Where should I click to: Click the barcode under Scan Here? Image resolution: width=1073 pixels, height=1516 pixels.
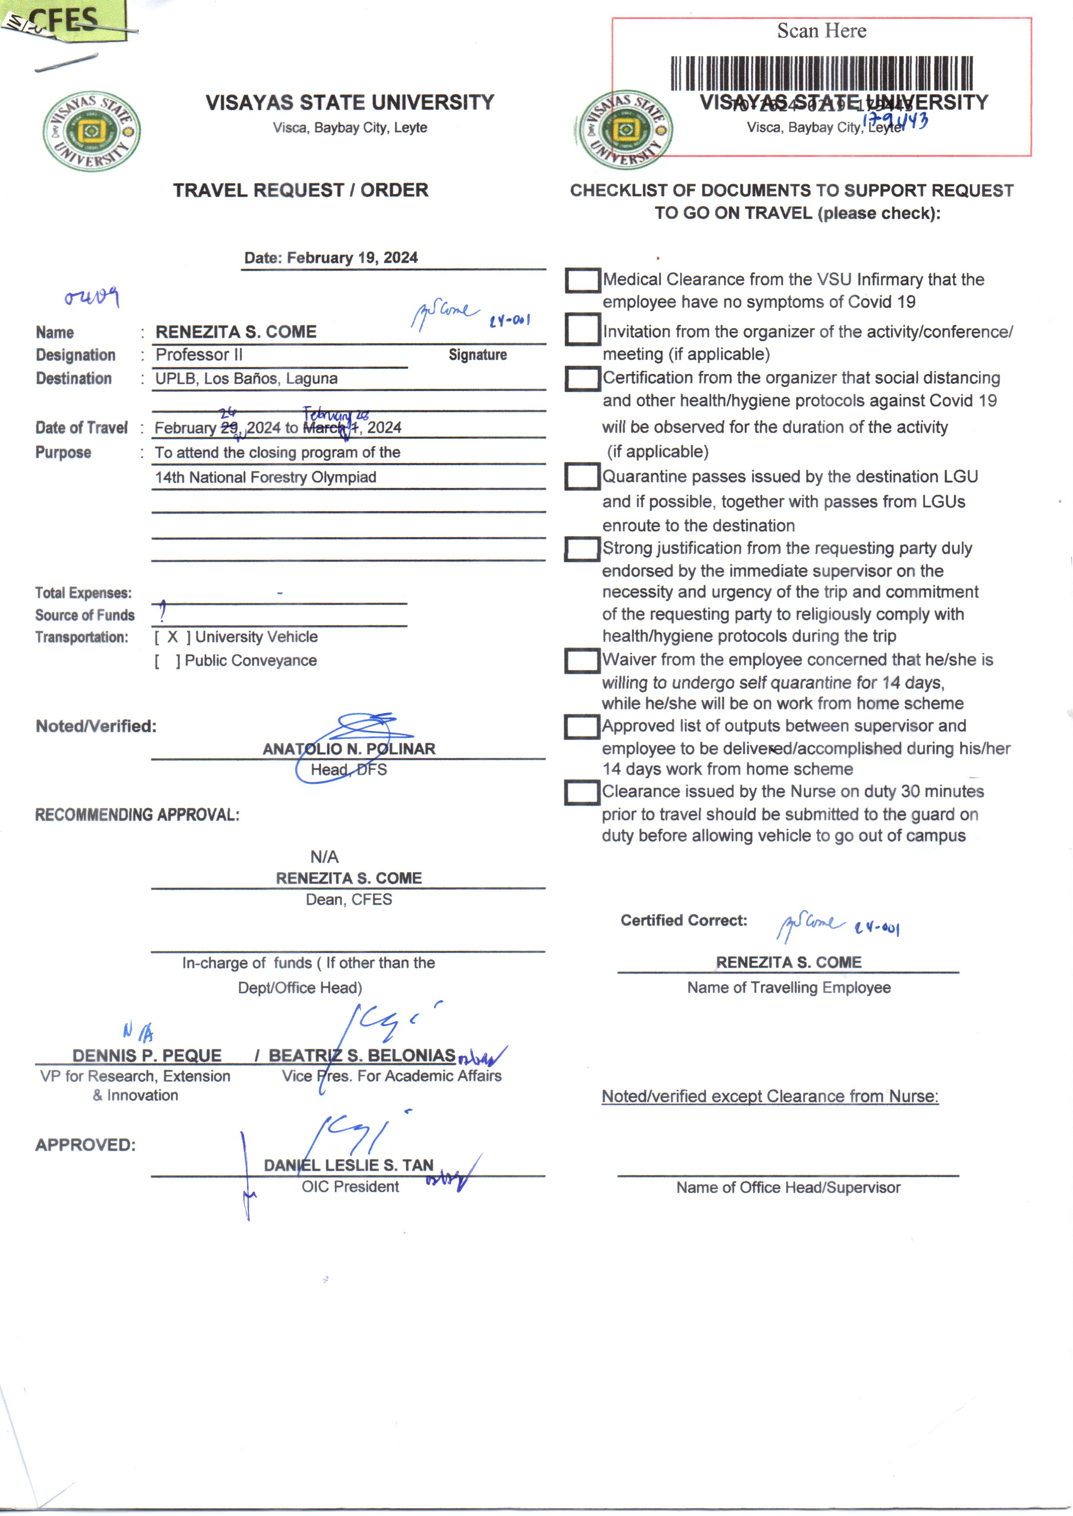point(821,74)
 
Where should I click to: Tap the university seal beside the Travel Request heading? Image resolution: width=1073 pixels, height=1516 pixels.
point(91,131)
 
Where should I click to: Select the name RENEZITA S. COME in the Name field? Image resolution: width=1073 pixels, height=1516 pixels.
point(236,332)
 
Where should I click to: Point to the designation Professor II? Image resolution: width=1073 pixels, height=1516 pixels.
point(199,355)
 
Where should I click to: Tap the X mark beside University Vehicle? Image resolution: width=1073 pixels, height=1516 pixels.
point(173,637)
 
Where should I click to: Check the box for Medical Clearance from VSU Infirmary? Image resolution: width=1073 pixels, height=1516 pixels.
point(582,280)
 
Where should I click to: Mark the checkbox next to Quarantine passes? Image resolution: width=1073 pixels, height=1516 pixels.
point(582,477)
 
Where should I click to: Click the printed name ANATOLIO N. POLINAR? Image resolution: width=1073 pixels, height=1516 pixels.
point(349,749)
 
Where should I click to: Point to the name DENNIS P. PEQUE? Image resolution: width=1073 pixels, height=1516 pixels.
point(147,1055)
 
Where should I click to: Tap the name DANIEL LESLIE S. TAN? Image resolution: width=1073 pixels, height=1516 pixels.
point(349,1165)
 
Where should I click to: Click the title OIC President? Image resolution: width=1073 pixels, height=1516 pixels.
point(350,1187)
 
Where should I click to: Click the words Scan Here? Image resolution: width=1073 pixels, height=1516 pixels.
point(821,31)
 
